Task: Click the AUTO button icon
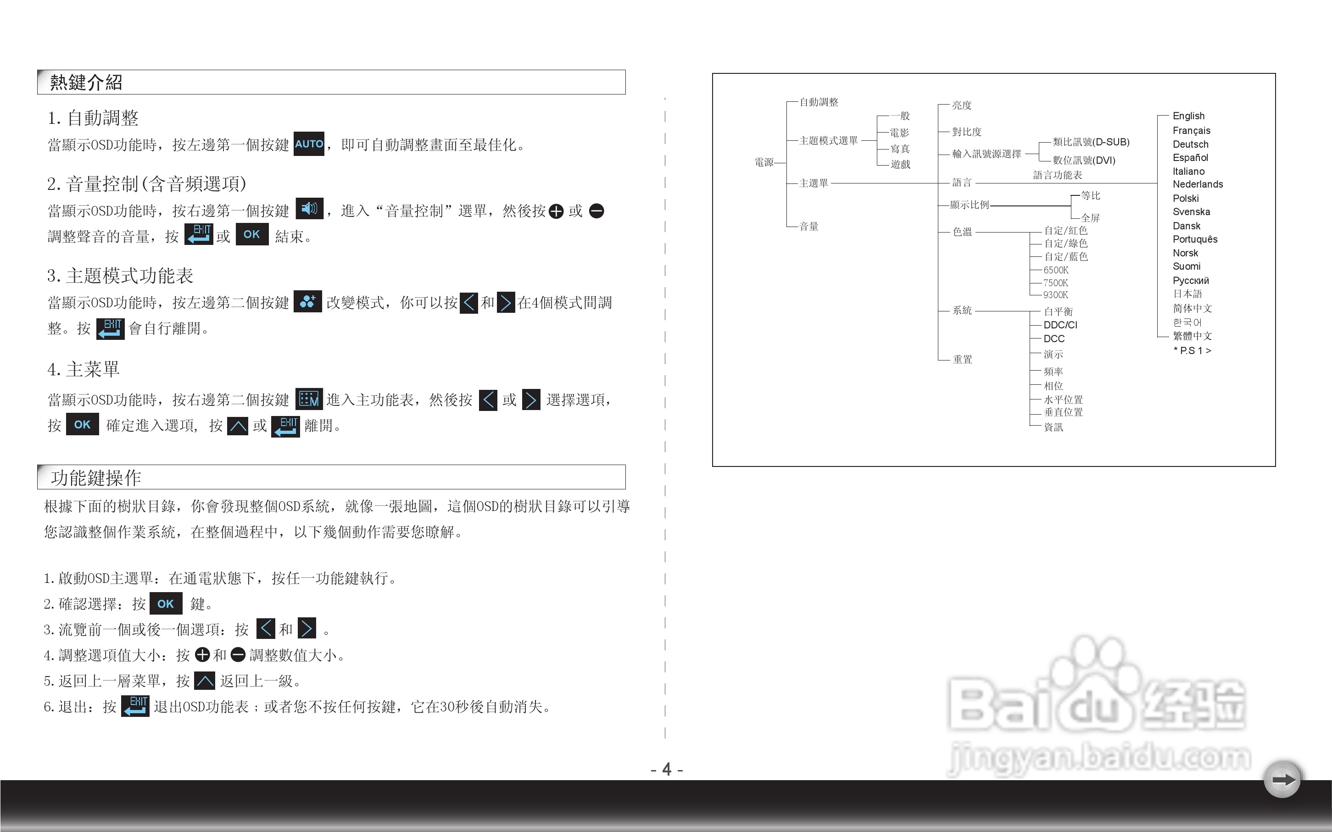[309, 144]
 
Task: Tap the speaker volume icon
[309, 209]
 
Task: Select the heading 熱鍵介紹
[86, 83]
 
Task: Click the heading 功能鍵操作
[96, 477]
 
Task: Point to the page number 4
[667, 769]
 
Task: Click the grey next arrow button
[1282, 780]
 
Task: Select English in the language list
[1188, 116]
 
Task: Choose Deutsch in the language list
[1190, 144]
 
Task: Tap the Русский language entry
[1191, 280]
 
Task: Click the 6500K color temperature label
[1056, 270]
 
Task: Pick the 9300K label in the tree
[1055, 295]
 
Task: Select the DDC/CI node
[1060, 325]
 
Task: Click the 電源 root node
[764, 162]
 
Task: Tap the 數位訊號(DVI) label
[1083, 160]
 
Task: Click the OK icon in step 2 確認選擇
[166, 604]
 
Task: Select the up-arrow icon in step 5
[205, 681]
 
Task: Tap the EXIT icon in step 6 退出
[135, 706]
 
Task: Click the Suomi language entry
[1186, 266]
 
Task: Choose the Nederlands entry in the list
[1197, 184]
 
